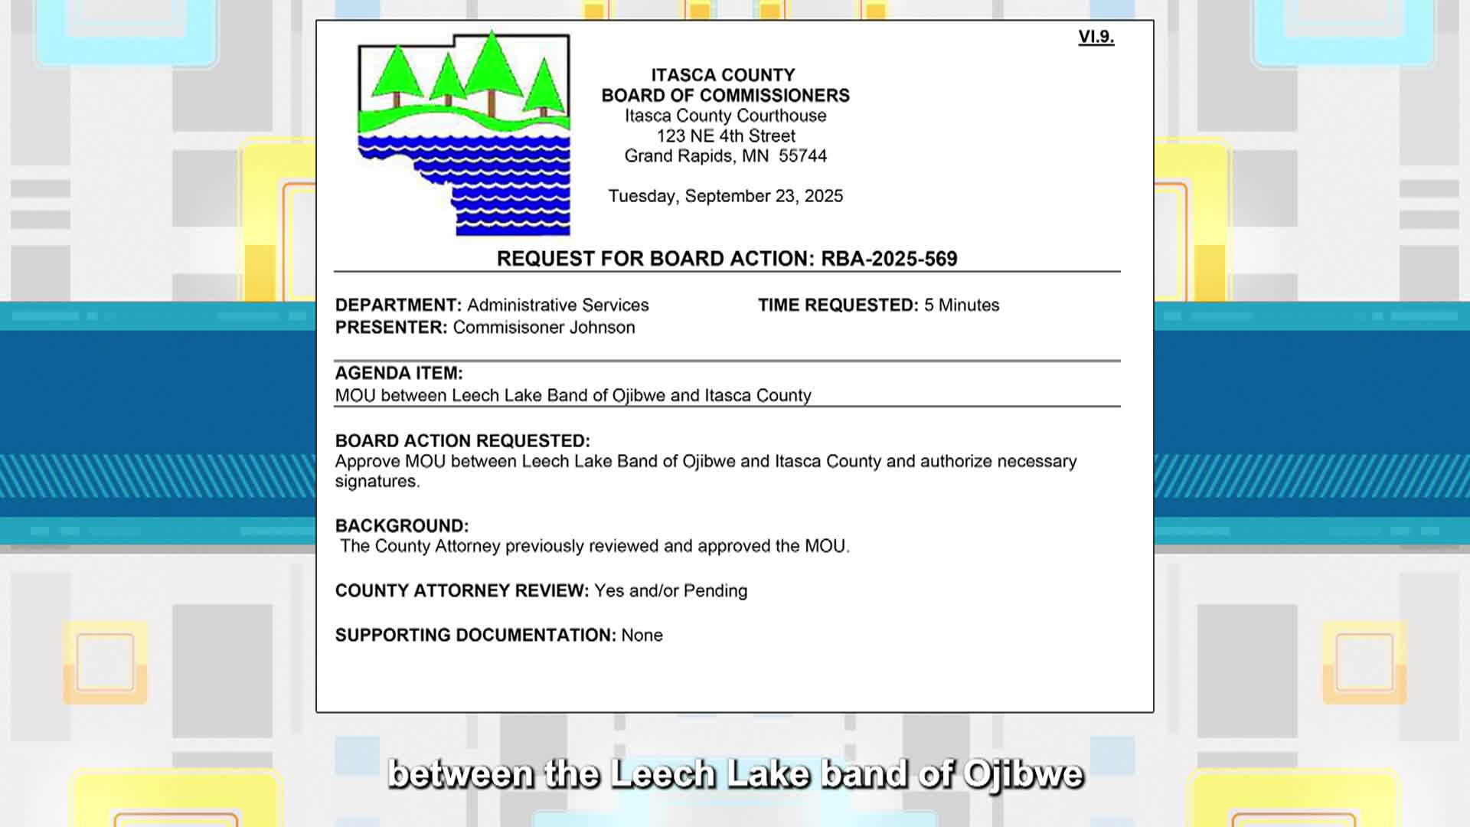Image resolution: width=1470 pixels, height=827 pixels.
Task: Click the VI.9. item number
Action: pyautogui.click(x=1096, y=37)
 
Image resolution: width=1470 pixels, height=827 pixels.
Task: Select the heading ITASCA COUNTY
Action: pyautogui.click(x=723, y=75)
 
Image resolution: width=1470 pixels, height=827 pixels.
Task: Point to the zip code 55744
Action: pyautogui.click(x=802, y=156)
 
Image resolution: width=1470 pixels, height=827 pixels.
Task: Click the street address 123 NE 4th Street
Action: pyautogui.click(x=725, y=136)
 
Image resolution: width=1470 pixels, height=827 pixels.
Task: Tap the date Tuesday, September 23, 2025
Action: pyautogui.click(x=725, y=196)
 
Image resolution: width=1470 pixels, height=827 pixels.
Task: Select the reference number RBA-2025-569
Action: pyautogui.click(x=889, y=259)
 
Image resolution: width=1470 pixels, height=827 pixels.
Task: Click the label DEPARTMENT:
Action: pyautogui.click(x=398, y=306)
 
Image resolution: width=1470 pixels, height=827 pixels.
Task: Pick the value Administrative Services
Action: pyautogui.click(x=557, y=306)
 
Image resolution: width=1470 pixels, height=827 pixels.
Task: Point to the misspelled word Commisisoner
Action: pyautogui.click(x=505, y=328)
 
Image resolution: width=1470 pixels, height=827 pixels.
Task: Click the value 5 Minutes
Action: pyautogui.click(x=961, y=306)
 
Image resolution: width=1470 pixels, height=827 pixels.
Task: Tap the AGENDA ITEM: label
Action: pyautogui.click(x=399, y=374)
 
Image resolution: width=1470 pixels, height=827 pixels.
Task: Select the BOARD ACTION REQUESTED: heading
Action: pyautogui.click(x=462, y=441)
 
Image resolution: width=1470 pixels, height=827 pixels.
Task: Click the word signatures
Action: pyautogui.click(x=377, y=482)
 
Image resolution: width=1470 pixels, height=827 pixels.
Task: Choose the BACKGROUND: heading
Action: pyautogui.click(x=401, y=526)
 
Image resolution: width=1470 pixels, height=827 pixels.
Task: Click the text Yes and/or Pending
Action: pyautogui.click(x=671, y=591)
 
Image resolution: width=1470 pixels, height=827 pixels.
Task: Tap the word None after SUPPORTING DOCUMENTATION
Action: pyautogui.click(x=642, y=636)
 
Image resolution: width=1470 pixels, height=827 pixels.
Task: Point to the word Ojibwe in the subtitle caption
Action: pyautogui.click(x=1023, y=773)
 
